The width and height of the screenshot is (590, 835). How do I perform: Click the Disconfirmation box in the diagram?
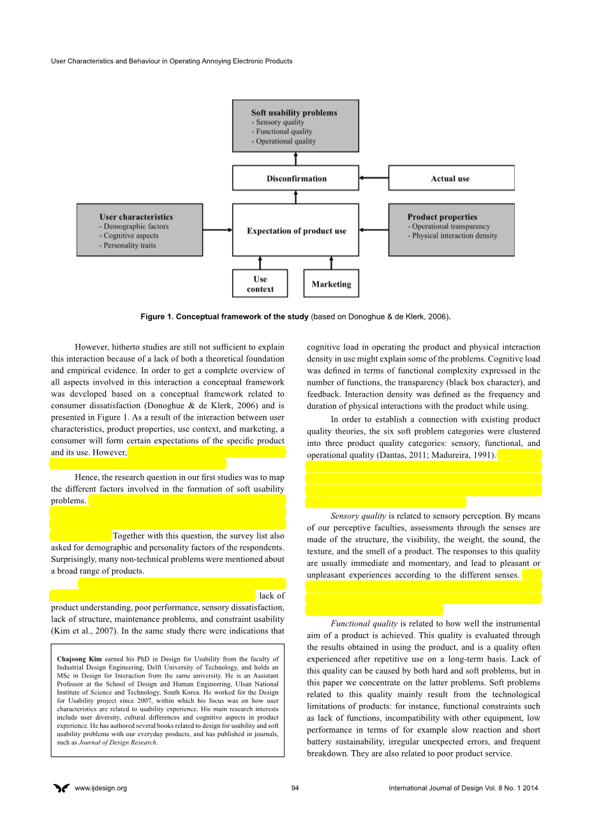296,179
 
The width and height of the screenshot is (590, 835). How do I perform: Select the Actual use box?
450,179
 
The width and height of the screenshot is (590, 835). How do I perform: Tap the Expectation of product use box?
296,230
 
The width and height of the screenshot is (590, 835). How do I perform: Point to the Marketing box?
331,284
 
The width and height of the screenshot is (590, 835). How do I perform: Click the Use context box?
260,284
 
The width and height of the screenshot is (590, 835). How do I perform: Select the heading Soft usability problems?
293,113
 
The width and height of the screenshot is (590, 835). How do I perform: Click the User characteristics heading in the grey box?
136,217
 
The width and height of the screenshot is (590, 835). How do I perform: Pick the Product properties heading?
442,217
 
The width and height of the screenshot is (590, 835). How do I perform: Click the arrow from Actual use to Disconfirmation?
374,179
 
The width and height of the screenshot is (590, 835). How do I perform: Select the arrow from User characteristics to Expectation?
218,230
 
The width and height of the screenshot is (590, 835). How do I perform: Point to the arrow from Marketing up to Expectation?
331,263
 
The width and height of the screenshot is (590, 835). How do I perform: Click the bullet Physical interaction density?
454,236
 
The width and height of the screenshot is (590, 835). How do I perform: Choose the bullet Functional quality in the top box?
284,131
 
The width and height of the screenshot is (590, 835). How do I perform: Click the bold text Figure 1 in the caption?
156,317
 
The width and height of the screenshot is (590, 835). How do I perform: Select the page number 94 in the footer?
295,788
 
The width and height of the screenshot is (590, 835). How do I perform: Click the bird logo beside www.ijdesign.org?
61,788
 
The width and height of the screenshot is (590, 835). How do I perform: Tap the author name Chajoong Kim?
79,659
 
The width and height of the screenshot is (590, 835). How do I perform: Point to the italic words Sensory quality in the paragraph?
358,516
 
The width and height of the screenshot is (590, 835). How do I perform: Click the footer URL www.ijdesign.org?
101,788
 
